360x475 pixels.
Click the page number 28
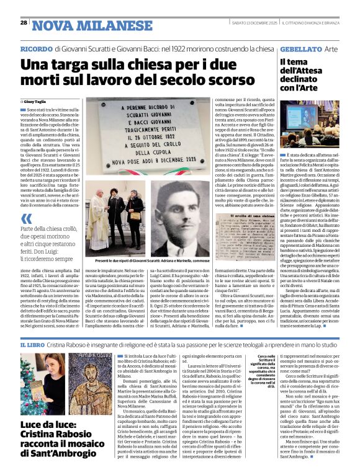[24, 23]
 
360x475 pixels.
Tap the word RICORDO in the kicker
[35, 48]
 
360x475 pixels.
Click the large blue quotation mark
[25, 219]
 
